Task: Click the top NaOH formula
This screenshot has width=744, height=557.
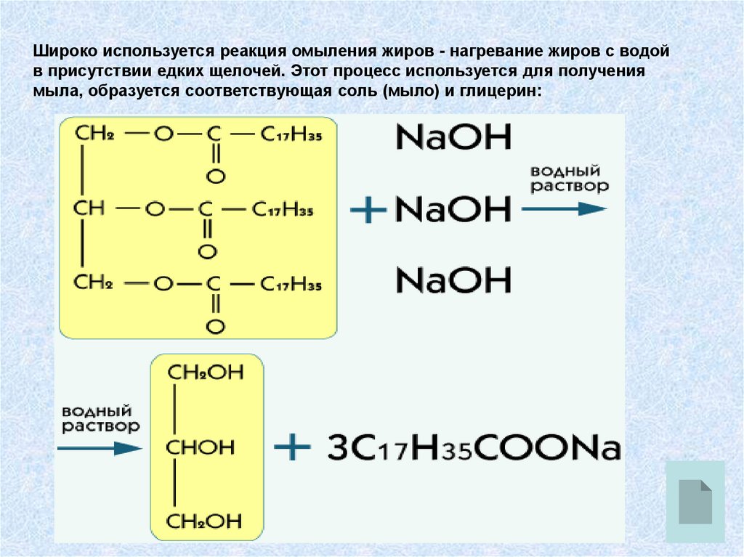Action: click(453, 137)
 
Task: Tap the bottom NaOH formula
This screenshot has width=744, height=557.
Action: click(453, 280)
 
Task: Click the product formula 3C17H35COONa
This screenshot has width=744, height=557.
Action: click(474, 447)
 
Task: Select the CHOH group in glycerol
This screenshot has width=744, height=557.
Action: click(201, 447)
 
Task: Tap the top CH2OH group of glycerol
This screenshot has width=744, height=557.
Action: click(205, 373)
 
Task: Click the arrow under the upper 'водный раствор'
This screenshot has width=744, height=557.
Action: click(564, 209)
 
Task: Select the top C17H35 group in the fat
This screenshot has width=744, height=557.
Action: click(291, 136)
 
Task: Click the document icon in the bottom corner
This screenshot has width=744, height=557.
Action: click(695, 501)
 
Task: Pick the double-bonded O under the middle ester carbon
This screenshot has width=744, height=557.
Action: click(207, 253)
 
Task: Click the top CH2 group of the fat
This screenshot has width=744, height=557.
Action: click(92, 134)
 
